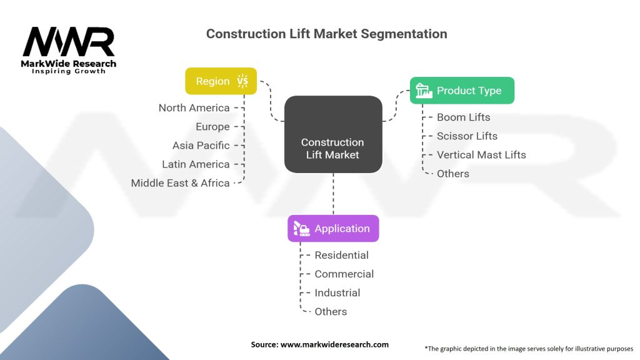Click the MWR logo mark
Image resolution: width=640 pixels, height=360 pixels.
[x=69, y=42]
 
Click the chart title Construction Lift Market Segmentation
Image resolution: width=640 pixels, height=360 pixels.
[x=326, y=34]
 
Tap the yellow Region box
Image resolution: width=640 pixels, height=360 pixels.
[x=221, y=81]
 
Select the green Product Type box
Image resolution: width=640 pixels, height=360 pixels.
[x=462, y=91]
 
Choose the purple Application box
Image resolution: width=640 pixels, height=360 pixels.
[x=333, y=229]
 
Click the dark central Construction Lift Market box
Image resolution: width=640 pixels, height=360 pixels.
[x=333, y=134]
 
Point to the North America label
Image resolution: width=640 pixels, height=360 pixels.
[x=194, y=107]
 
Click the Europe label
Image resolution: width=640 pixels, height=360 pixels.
[x=212, y=127]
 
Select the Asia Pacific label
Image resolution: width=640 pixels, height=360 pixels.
[x=201, y=145]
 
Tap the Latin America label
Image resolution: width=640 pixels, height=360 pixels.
[x=196, y=164]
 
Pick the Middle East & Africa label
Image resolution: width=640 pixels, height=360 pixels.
[x=180, y=183]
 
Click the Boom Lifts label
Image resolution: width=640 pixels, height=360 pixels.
[x=463, y=117]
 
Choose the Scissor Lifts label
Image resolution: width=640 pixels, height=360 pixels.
[x=467, y=136]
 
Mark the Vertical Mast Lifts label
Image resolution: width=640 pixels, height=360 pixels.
[x=481, y=155]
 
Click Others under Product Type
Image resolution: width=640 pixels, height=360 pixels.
[x=452, y=174]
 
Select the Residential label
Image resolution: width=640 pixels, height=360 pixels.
[x=341, y=255]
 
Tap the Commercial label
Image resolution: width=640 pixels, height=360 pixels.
[x=344, y=274]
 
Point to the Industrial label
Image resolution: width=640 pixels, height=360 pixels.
[x=337, y=292]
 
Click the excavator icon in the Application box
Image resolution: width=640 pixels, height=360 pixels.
[x=301, y=229]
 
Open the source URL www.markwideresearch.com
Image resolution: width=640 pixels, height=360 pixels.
[x=334, y=344]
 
